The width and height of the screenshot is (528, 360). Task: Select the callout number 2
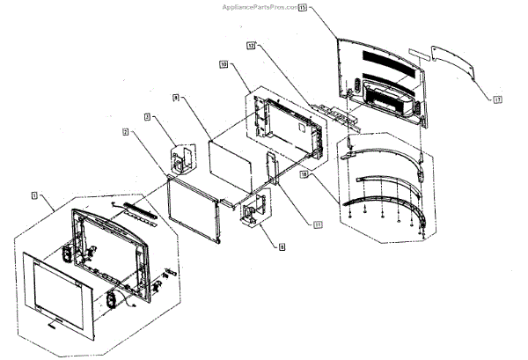coord(127,132)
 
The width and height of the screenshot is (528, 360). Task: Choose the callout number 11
coord(316,224)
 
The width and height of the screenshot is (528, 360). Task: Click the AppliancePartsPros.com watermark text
coord(263,5)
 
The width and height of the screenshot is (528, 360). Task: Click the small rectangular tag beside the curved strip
coord(422,54)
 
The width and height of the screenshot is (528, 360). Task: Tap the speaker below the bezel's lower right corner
coord(112,299)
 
